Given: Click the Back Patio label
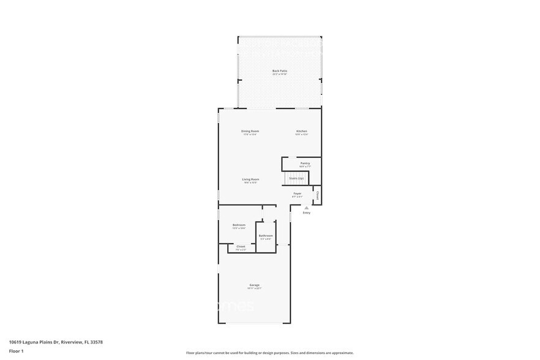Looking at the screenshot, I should pyautogui.click(x=280, y=71).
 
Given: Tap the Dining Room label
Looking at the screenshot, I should pyautogui.click(x=250, y=131).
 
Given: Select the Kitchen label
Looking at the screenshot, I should pyautogui.click(x=302, y=131).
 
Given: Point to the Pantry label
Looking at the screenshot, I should pyautogui.click(x=305, y=163).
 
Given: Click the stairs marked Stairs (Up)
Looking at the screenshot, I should pyautogui.click(x=297, y=178).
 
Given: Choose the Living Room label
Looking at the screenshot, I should pyautogui.click(x=250, y=179).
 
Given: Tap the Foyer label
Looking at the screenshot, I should pyautogui.click(x=298, y=193).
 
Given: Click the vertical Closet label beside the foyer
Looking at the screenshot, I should pyautogui.click(x=317, y=196).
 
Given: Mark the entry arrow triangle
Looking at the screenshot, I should pyautogui.click(x=307, y=208).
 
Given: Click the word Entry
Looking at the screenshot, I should pyautogui.click(x=307, y=212).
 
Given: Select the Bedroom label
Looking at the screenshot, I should pyautogui.click(x=239, y=225).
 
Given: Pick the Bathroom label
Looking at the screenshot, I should pyautogui.click(x=266, y=236).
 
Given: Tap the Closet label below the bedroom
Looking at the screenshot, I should pyautogui.click(x=241, y=246).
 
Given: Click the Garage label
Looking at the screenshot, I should pyautogui.click(x=254, y=285).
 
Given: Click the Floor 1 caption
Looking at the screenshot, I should pyautogui.click(x=17, y=351).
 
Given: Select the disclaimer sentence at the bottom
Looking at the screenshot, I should pyautogui.click(x=269, y=353).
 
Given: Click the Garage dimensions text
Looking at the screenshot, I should pyautogui.click(x=254, y=288).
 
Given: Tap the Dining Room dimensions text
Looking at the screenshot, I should pyautogui.click(x=250, y=135).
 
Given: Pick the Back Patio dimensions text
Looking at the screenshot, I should pyautogui.click(x=280, y=75).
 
